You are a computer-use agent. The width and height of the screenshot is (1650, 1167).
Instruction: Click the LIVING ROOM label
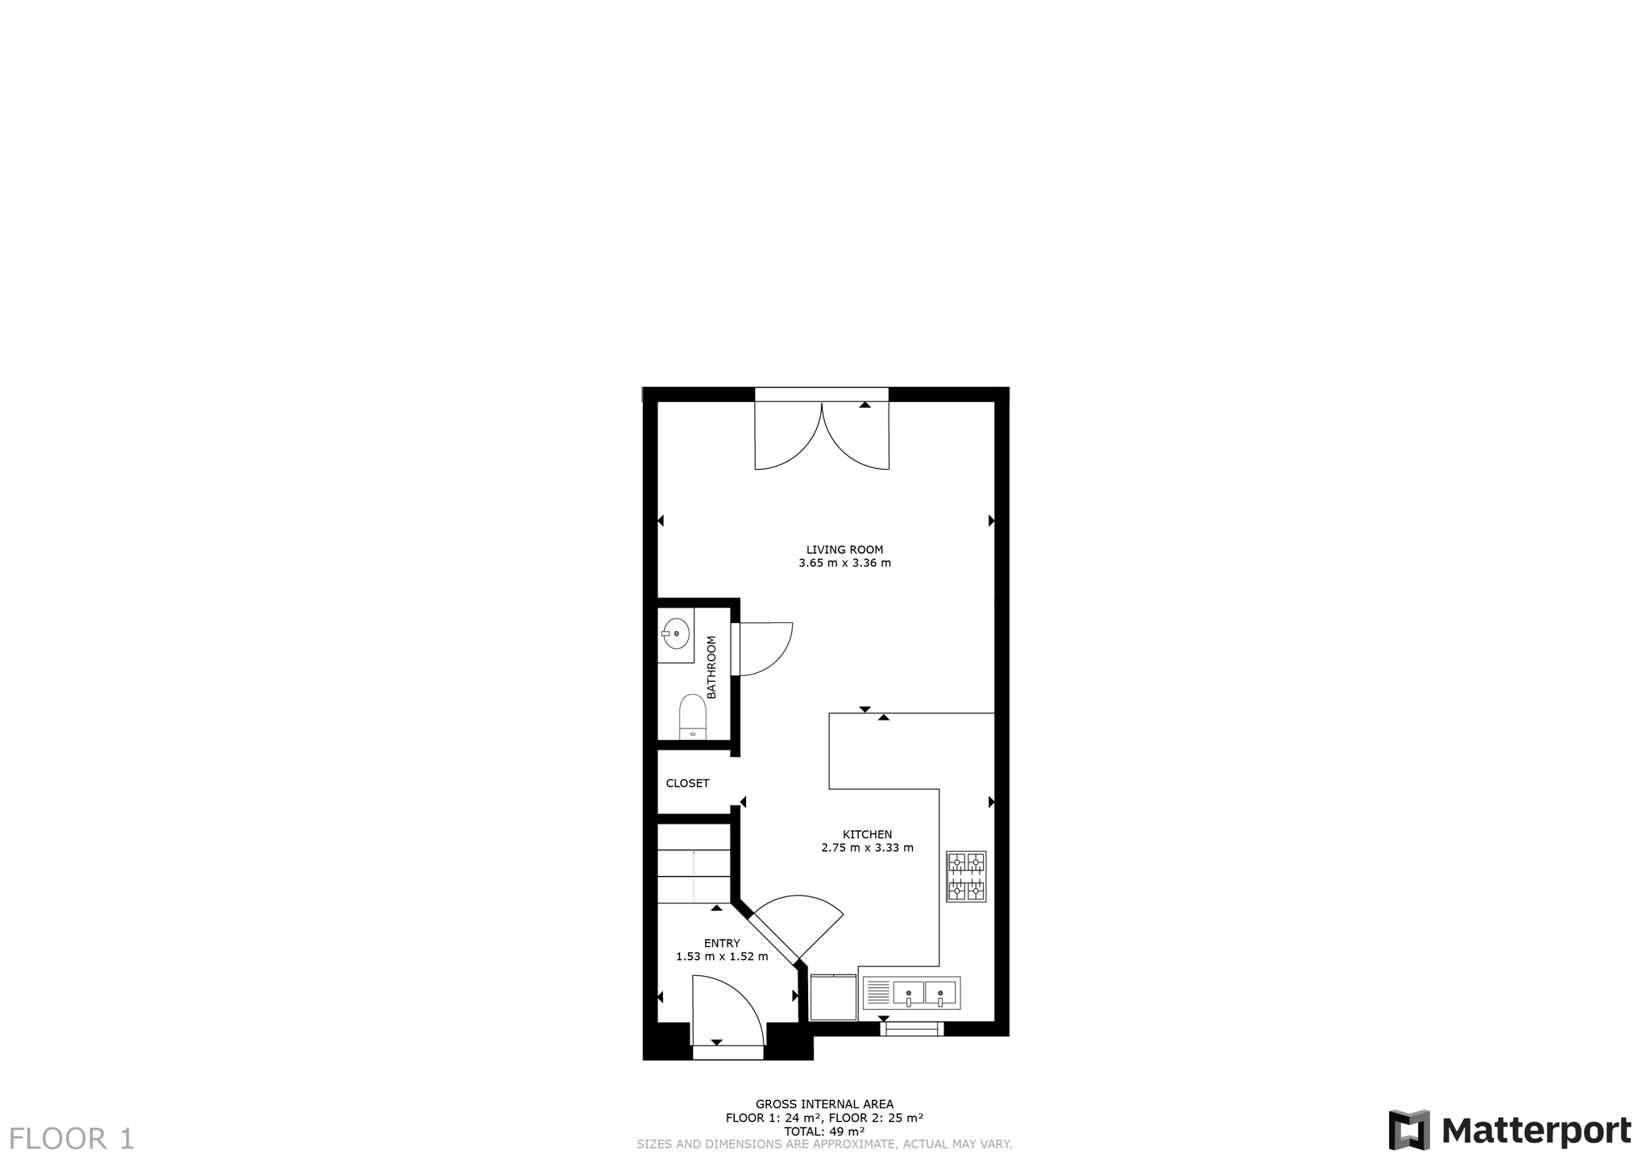click(844, 550)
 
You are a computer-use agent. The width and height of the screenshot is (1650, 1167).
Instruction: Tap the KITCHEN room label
click(867, 834)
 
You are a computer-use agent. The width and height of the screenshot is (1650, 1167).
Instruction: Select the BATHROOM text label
click(711, 667)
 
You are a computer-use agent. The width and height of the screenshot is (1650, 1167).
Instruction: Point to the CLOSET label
click(687, 783)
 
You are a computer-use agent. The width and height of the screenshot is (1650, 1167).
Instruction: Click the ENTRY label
click(722, 943)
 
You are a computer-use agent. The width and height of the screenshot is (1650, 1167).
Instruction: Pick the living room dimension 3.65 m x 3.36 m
click(844, 563)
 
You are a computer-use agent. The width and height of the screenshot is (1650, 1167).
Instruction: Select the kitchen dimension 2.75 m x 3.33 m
click(867, 848)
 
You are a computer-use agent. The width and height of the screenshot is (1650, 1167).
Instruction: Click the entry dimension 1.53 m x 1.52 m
click(722, 957)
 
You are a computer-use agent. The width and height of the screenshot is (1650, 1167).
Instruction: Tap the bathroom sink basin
click(676, 634)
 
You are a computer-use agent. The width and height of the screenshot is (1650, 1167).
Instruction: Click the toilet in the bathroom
click(693, 716)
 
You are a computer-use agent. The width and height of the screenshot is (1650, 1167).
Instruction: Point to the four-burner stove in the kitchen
click(966, 876)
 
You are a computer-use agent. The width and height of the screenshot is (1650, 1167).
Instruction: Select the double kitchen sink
click(911, 993)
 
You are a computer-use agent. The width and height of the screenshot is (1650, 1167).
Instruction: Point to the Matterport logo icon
click(1409, 1130)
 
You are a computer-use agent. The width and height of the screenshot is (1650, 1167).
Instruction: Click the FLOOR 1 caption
click(72, 1139)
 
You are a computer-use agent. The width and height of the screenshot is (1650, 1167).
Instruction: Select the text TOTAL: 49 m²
click(824, 1132)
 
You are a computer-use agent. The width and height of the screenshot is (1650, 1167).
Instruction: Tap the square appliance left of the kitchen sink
click(833, 998)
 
